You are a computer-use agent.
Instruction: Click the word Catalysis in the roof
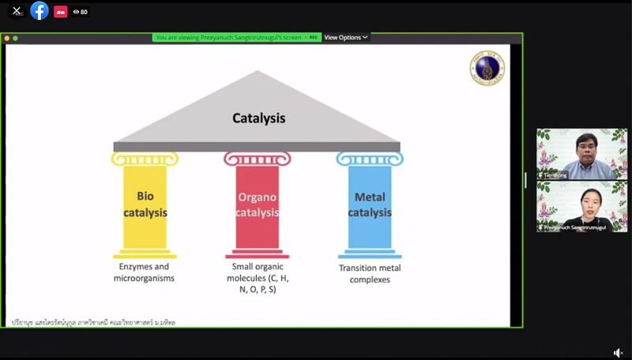(x=258, y=118)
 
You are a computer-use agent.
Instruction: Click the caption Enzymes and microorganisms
(x=141, y=273)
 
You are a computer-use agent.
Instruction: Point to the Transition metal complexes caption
(x=370, y=273)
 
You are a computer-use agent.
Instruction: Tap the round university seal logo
(x=486, y=68)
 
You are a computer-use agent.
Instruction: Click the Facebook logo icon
(x=39, y=11)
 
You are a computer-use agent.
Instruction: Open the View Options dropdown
(x=346, y=37)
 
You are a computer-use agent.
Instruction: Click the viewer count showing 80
(x=80, y=12)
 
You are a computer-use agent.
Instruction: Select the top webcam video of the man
(x=581, y=154)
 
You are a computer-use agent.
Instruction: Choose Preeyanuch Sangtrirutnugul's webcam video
(x=581, y=206)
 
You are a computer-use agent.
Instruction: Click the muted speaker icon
(x=619, y=353)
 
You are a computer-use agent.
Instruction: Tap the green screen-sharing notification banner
(x=229, y=37)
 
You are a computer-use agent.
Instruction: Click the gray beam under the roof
(x=257, y=146)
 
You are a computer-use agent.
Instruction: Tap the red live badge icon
(x=60, y=12)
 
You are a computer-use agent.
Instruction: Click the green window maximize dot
(x=15, y=38)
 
